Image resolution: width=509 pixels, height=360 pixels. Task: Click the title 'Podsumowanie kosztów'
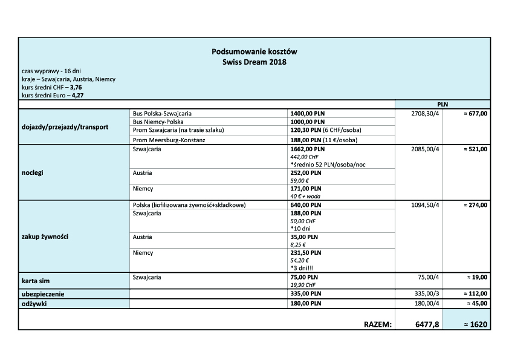tap(254, 52)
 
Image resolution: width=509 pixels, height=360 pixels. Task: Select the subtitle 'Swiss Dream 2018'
tap(254, 62)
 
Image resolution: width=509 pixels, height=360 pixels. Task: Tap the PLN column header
tap(442, 105)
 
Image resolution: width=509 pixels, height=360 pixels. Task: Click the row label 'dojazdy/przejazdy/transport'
tap(65, 127)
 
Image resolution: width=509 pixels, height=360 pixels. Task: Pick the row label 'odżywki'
tap(35, 304)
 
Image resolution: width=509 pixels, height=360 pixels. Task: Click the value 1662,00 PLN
tap(308, 148)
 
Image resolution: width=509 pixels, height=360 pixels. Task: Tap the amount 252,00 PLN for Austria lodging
tap(306, 172)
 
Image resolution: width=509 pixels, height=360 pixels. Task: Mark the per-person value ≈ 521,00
tap(475, 148)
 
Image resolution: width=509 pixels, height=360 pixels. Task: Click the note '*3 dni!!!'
tap(302, 268)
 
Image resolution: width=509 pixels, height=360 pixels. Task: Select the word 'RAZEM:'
tap(378, 324)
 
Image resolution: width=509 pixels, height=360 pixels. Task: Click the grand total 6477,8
tap(427, 324)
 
